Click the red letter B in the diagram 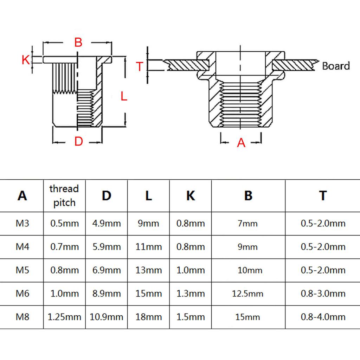pos(78,43)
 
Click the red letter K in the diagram pos(26,60)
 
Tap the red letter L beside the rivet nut pos(124,96)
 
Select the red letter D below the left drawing pos(78,141)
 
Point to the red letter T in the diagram pos(140,66)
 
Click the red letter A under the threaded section pos(241,143)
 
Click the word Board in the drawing pos(336,66)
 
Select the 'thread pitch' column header pos(64,195)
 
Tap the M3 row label pos(22,223)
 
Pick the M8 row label pos(22,317)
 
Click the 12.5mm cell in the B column pos(247,294)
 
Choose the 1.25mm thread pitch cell pos(65,317)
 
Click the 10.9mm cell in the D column pos(106,317)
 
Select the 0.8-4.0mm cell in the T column pos(323,317)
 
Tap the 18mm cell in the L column pos(149,317)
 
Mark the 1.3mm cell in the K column pos(191,294)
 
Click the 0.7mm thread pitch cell pos(65,246)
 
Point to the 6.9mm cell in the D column pos(107,270)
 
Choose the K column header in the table pos(191,195)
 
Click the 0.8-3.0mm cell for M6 pos(323,294)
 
